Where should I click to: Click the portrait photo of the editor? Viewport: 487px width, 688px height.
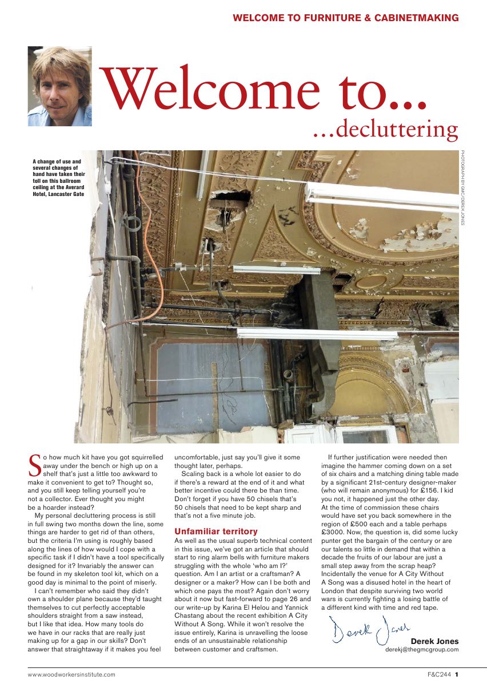pyautogui.click(x=59, y=86)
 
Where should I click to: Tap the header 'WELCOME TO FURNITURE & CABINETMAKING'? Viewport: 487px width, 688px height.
pyautogui.click(x=345, y=18)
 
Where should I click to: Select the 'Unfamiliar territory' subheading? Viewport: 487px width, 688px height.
pyautogui.click(x=216, y=531)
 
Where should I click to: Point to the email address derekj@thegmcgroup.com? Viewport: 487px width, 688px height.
pyautogui.click(x=421, y=650)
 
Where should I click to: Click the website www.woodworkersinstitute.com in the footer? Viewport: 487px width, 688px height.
pyautogui.click(x=72, y=675)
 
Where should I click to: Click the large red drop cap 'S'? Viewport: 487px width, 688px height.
pyautogui.click(x=34, y=465)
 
